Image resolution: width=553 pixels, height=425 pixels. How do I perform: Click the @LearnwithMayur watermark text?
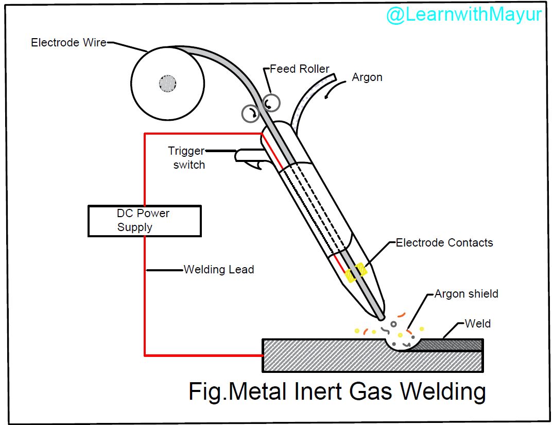pyautogui.click(x=463, y=14)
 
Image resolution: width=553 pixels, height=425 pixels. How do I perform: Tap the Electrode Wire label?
pyautogui.click(x=68, y=43)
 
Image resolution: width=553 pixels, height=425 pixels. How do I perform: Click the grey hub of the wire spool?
pyautogui.click(x=167, y=83)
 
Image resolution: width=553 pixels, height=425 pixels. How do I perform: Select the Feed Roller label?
pyautogui.click(x=300, y=69)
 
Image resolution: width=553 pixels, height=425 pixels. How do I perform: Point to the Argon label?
pyautogui.click(x=367, y=77)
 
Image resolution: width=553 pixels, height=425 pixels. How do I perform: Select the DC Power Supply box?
pyautogui.click(x=144, y=221)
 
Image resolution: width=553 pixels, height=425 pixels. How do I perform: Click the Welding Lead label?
pyautogui.click(x=219, y=269)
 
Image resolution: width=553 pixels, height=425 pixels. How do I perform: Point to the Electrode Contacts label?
pyautogui.click(x=444, y=242)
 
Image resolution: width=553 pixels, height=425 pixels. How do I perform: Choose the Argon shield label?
pyautogui.click(x=466, y=294)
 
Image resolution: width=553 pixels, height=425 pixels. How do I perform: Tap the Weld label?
pyautogui.click(x=477, y=323)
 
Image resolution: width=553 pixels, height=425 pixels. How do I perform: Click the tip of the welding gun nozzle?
pyautogui.click(x=381, y=316)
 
